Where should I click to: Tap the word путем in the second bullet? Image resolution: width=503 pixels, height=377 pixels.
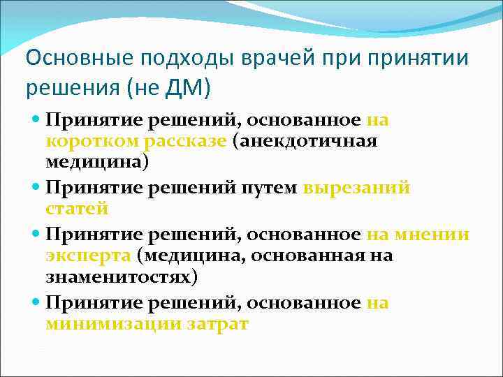coord(268,188)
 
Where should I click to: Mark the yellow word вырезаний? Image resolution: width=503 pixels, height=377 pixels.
coord(356,188)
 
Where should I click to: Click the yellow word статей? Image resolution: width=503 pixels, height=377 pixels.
coord(77,209)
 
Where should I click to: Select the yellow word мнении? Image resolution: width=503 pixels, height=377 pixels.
coord(430,235)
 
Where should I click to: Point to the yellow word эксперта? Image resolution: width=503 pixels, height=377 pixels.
coord(89,256)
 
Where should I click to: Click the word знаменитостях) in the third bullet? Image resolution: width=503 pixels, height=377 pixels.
coord(121,276)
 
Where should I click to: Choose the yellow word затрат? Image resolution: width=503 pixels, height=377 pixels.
coord(217,324)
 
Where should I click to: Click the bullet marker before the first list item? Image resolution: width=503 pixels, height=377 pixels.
coord(36,121)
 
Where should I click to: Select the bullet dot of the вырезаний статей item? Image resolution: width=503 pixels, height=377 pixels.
coord(36,188)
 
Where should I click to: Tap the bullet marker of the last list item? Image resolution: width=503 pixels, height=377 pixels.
coord(36,304)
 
